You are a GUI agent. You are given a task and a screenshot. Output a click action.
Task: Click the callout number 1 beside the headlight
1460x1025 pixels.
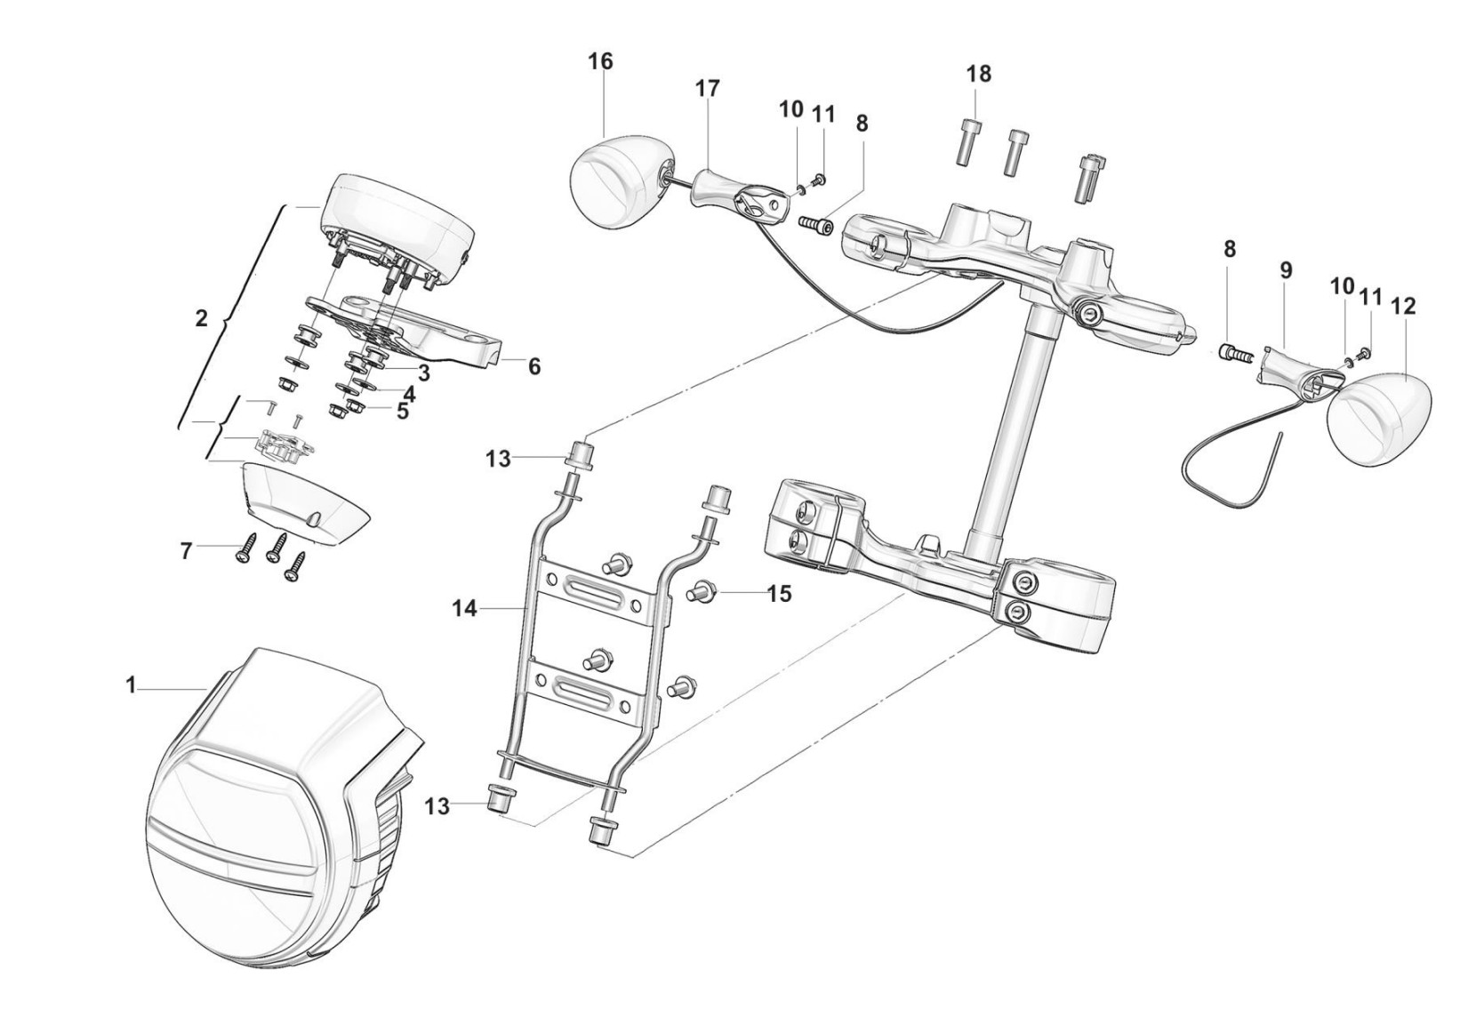click(131, 685)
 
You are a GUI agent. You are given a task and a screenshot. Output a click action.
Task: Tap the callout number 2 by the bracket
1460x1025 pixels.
click(202, 318)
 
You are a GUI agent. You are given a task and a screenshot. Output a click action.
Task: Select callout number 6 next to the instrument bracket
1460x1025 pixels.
click(533, 367)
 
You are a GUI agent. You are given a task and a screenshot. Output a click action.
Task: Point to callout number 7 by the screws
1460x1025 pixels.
click(187, 552)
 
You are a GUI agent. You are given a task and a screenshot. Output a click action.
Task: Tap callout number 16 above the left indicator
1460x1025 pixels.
click(600, 62)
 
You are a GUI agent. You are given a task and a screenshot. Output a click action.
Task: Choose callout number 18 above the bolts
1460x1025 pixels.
click(978, 75)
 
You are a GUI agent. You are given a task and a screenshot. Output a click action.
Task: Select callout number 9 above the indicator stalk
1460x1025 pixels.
click(1286, 270)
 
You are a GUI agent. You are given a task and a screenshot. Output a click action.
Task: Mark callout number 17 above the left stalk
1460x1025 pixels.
click(707, 89)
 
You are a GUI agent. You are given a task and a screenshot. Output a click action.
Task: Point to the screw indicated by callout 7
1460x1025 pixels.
click(244, 548)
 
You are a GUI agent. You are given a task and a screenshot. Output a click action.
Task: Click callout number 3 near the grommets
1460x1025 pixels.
click(423, 372)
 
